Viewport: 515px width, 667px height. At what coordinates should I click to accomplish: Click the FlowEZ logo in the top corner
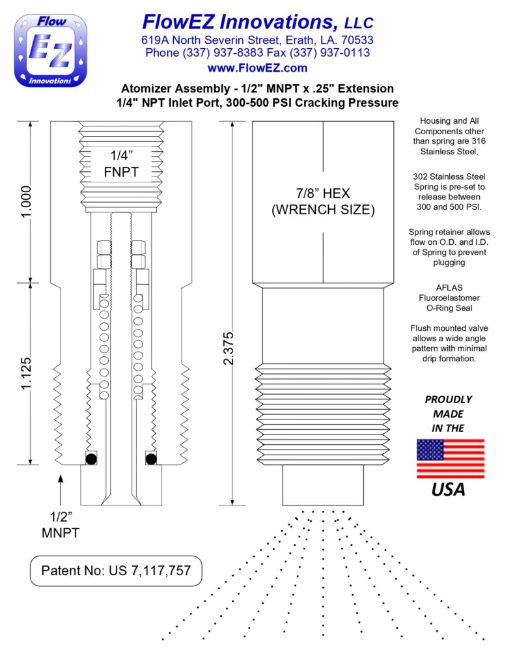tap(51, 51)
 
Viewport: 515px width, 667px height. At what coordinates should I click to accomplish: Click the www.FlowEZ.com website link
tap(257, 68)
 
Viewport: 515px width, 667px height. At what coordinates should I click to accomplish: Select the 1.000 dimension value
tap(26, 202)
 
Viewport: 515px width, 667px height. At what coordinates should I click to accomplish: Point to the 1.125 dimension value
tap(26, 373)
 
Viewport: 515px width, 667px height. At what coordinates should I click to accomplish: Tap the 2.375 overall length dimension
tap(229, 348)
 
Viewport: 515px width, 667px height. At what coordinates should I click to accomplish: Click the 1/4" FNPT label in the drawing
tap(121, 163)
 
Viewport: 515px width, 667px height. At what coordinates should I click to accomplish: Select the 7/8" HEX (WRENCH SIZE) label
tap(323, 202)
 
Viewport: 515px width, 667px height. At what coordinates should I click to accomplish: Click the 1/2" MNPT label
tap(61, 525)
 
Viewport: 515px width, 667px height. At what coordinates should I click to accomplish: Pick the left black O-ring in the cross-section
tap(91, 459)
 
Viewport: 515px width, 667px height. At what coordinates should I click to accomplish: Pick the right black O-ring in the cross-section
tap(151, 459)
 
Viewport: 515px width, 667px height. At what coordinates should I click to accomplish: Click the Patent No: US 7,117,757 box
tap(116, 571)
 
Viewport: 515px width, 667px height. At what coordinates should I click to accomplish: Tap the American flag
tap(451, 459)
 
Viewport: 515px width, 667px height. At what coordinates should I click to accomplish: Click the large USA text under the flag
tap(449, 490)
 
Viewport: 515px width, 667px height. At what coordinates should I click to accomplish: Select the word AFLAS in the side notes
tap(449, 287)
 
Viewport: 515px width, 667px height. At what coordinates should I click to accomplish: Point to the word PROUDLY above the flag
tap(448, 399)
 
